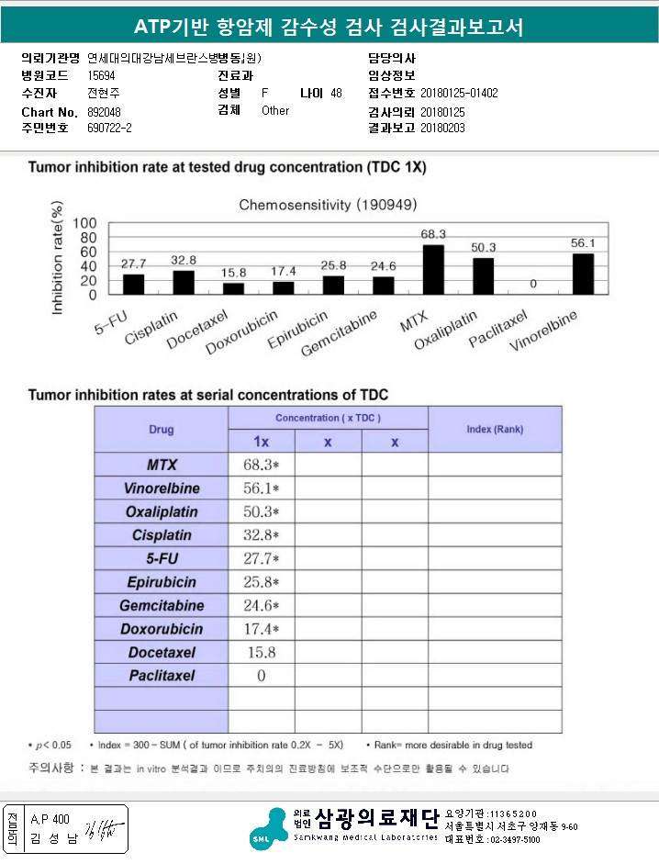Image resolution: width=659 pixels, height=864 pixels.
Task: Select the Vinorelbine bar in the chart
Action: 583,274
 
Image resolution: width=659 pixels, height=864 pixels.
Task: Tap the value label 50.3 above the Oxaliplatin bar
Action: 483,248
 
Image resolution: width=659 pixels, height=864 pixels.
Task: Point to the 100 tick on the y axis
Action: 84,223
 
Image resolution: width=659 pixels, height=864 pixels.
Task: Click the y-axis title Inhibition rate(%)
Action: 58,263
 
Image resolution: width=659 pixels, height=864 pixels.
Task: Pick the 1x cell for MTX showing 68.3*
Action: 261,465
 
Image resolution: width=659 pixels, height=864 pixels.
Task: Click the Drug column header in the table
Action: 161,429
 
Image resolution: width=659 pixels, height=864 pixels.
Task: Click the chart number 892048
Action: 104,111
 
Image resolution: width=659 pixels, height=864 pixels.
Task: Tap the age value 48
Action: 336,94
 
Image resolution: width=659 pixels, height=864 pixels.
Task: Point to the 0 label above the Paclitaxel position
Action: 532,285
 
